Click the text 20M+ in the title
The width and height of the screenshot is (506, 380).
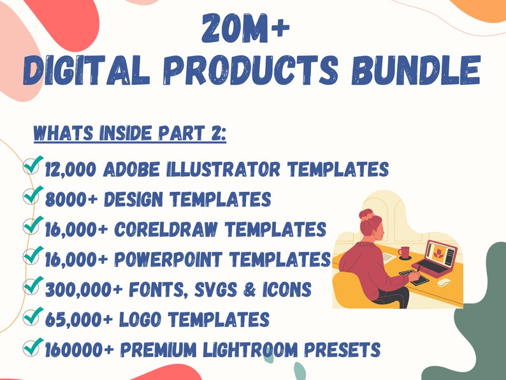point(245,28)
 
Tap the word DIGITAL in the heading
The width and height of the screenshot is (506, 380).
point(87,70)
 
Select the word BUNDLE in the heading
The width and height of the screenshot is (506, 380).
point(416,70)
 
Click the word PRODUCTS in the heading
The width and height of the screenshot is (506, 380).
point(250,70)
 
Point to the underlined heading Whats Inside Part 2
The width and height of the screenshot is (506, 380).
point(130,133)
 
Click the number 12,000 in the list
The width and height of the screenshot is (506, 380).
point(71,170)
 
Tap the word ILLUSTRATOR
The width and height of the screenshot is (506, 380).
point(223,169)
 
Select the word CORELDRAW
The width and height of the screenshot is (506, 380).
point(166,230)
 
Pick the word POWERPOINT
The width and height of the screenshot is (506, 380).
point(168,259)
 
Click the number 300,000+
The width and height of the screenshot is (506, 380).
point(84,289)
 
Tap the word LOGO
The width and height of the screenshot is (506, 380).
point(140,319)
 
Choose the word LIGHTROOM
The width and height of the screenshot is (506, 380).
point(250,349)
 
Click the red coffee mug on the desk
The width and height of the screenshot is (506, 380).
point(403,252)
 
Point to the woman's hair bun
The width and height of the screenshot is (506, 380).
point(366,214)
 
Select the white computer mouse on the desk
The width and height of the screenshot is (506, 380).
point(444,282)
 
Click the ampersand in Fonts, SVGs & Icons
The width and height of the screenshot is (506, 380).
point(250,289)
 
